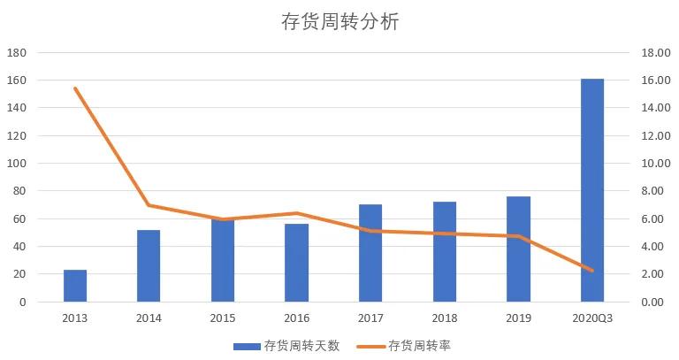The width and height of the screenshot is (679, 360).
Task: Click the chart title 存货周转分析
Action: tap(340, 22)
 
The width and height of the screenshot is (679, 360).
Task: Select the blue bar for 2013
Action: tap(75, 286)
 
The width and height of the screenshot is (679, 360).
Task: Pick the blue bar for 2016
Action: tap(296, 264)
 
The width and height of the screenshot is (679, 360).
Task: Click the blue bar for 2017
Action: tap(370, 254)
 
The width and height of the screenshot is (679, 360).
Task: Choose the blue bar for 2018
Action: tap(445, 252)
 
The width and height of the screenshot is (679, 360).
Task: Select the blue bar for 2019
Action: tap(519, 249)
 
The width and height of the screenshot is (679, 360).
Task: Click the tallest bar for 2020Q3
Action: tap(592, 190)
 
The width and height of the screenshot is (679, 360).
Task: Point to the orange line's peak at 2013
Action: tap(75, 88)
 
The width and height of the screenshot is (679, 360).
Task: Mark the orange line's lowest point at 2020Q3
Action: tap(592, 271)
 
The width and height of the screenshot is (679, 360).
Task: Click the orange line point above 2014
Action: tap(149, 205)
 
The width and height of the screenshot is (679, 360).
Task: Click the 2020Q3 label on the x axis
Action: tap(592, 317)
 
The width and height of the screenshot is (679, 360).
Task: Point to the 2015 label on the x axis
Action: tap(223, 317)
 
